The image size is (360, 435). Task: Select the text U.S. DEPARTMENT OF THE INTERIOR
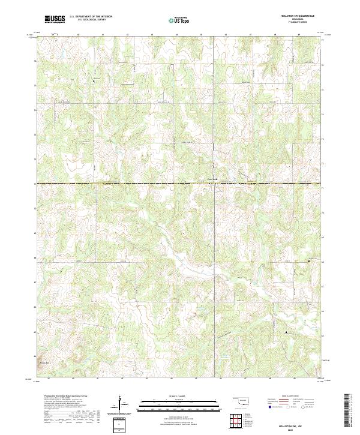91,17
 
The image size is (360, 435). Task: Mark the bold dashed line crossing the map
120,184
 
